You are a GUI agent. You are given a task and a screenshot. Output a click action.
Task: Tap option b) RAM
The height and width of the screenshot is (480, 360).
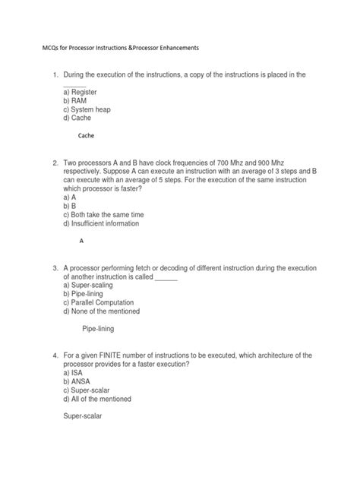(76, 100)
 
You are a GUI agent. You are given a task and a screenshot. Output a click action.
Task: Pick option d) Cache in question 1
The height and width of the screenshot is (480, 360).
(79, 118)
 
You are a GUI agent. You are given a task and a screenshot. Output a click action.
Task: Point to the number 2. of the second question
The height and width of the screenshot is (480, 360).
(55, 163)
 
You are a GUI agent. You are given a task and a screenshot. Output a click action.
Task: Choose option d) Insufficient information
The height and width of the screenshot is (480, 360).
(106, 224)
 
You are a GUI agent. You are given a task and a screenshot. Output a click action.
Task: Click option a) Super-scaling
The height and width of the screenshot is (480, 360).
(92, 286)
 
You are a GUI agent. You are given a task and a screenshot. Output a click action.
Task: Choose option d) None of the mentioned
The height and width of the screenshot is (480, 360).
(107, 313)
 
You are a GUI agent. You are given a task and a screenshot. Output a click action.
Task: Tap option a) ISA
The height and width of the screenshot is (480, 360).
(74, 374)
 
